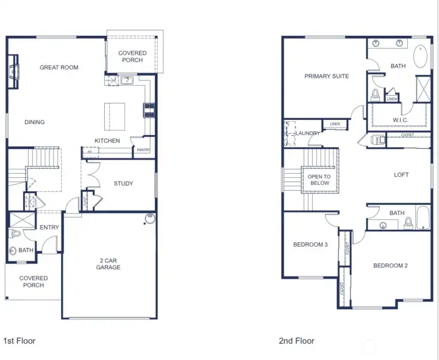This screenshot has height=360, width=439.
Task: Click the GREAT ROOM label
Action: pos(59,68)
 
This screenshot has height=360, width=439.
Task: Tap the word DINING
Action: pos(35,122)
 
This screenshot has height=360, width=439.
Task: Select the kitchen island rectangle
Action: pos(115,116)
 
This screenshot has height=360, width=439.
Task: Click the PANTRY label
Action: pos(143,150)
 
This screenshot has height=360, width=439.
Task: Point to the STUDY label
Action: pos(123,183)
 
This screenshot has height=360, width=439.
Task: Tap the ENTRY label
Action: pos(49,228)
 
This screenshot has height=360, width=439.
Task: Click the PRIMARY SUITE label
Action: pos(327,76)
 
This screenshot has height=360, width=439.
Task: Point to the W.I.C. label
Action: pos(400,120)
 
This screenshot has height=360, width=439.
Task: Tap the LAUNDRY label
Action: pos(308,133)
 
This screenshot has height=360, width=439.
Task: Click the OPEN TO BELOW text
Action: pos(319,180)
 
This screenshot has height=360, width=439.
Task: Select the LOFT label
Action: pos(401,175)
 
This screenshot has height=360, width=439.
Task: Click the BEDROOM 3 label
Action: pos(310,245)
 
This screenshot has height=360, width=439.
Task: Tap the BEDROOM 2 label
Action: pos(390,266)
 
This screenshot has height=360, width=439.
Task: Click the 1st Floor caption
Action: pos(20,341)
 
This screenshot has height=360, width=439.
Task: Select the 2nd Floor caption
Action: pos(297,341)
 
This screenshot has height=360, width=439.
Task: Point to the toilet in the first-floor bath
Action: pos(15,233)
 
